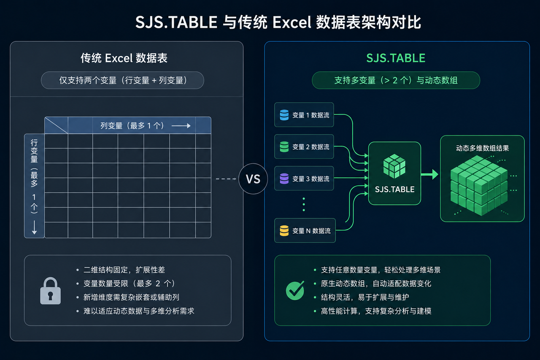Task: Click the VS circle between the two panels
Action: coord(253,179)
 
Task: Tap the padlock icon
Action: coord(50,290)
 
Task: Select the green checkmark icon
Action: coord(295,290)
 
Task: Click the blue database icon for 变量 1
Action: coord(284,115)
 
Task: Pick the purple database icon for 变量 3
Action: coord(284,179)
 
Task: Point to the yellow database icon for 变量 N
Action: coord(284,230)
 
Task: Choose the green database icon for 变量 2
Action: coord(284,146)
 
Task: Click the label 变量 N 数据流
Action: coord(311,231)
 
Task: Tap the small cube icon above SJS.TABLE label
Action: coord(394,166)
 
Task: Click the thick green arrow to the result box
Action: coord(429,174)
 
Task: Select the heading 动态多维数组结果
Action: coord(482,148)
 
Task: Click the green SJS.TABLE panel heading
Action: coord(396,58)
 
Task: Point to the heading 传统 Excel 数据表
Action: coord(124,58)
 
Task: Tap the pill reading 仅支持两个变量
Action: coord(122,80)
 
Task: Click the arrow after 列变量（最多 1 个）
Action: coord(181,126)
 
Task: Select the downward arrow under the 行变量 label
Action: coord(34,227)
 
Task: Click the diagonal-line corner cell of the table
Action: coord(56,125)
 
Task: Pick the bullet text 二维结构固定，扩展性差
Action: coord(124,270)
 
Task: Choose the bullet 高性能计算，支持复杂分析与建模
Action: coord(376,311)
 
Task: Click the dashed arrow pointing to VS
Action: coord(226,179)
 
